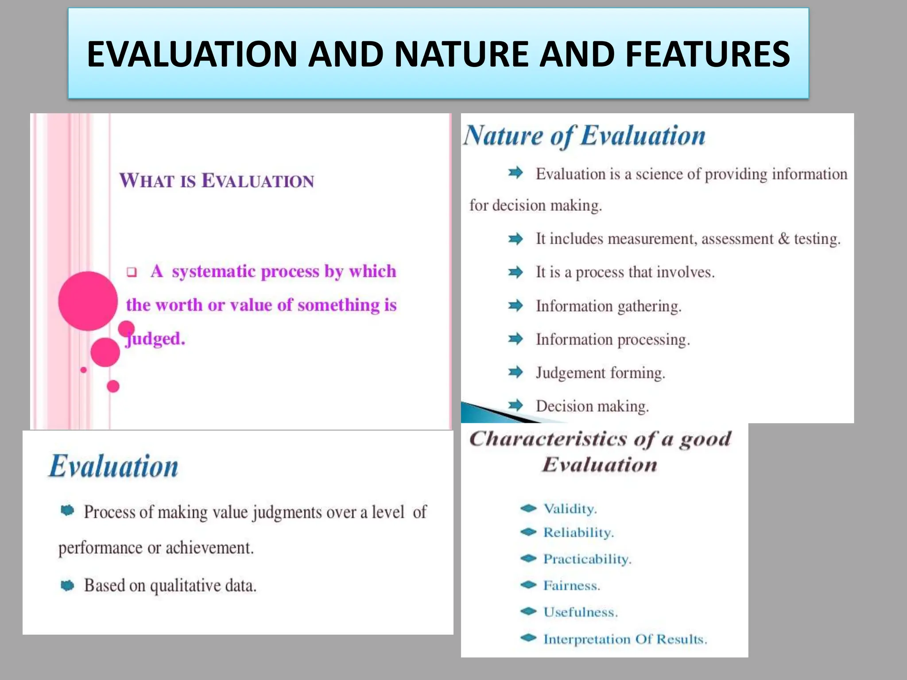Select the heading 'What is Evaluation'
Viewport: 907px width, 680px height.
coord(217,181)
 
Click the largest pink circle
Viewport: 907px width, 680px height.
coord(88,301)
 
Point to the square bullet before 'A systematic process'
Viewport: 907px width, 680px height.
coord(132,272)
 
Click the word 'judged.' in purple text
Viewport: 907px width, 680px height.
coord(155,339)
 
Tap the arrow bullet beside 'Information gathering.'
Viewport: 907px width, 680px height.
coord(516,305)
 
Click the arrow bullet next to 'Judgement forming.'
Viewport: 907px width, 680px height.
coord(516,372)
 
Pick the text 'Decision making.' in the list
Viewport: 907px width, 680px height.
coord(592,406)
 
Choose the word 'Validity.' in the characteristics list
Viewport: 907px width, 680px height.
coord(570,509)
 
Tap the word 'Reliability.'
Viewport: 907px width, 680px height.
coord(578,533)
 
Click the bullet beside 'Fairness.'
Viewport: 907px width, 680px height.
coord(528,585)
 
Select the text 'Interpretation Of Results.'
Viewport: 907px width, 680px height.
coord(625,639)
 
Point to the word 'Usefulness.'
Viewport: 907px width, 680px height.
coord(580,612)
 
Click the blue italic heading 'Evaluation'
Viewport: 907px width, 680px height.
coord(113,467)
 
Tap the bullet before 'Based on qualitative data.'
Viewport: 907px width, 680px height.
coord(67,586)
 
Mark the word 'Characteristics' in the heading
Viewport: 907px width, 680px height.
coord(548,439)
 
